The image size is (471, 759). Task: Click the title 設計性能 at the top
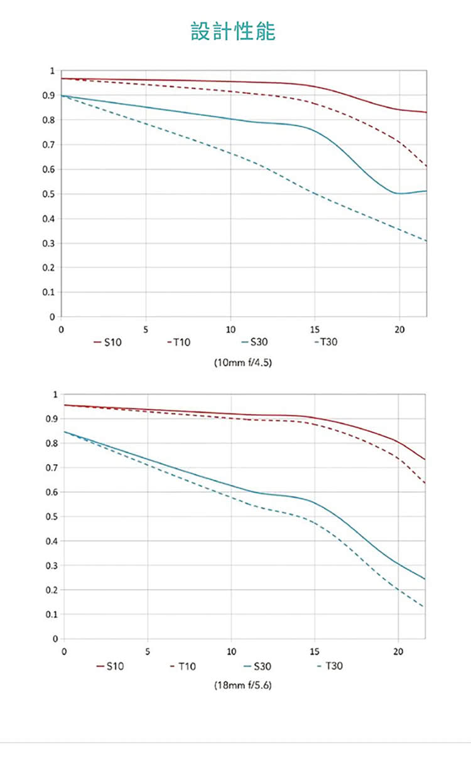(x=233, y=31)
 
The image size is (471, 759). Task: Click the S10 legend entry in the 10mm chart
(x=107, y=342)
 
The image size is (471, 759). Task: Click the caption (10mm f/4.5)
(x=243, y=363)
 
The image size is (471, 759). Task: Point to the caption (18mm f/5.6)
(x=243, y=686)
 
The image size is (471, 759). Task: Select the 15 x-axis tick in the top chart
(x=315, y=329)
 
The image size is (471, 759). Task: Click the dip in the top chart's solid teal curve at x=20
(x=399, y=193)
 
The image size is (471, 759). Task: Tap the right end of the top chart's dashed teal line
(x=426, y=241)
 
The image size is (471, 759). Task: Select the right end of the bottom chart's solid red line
(x=425, y=460)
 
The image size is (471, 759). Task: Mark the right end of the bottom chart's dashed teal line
(x=423, y=607)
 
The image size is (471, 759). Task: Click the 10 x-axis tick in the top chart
(x=230, y=329)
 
